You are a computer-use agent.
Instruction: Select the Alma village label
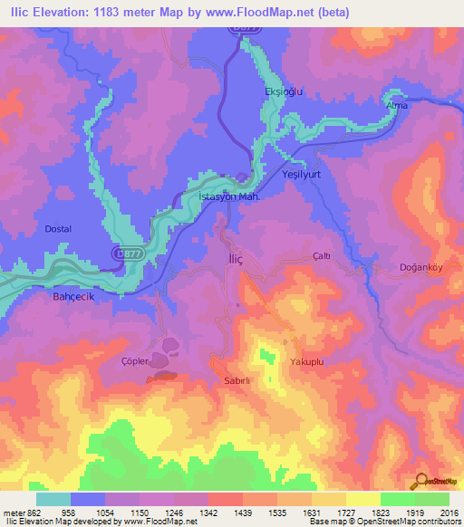[x=397, y=106]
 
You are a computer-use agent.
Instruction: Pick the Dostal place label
[x=58, y=229]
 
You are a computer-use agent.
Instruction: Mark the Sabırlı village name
[x=237, y=381]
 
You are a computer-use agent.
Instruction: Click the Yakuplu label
[x=307, y=361]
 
